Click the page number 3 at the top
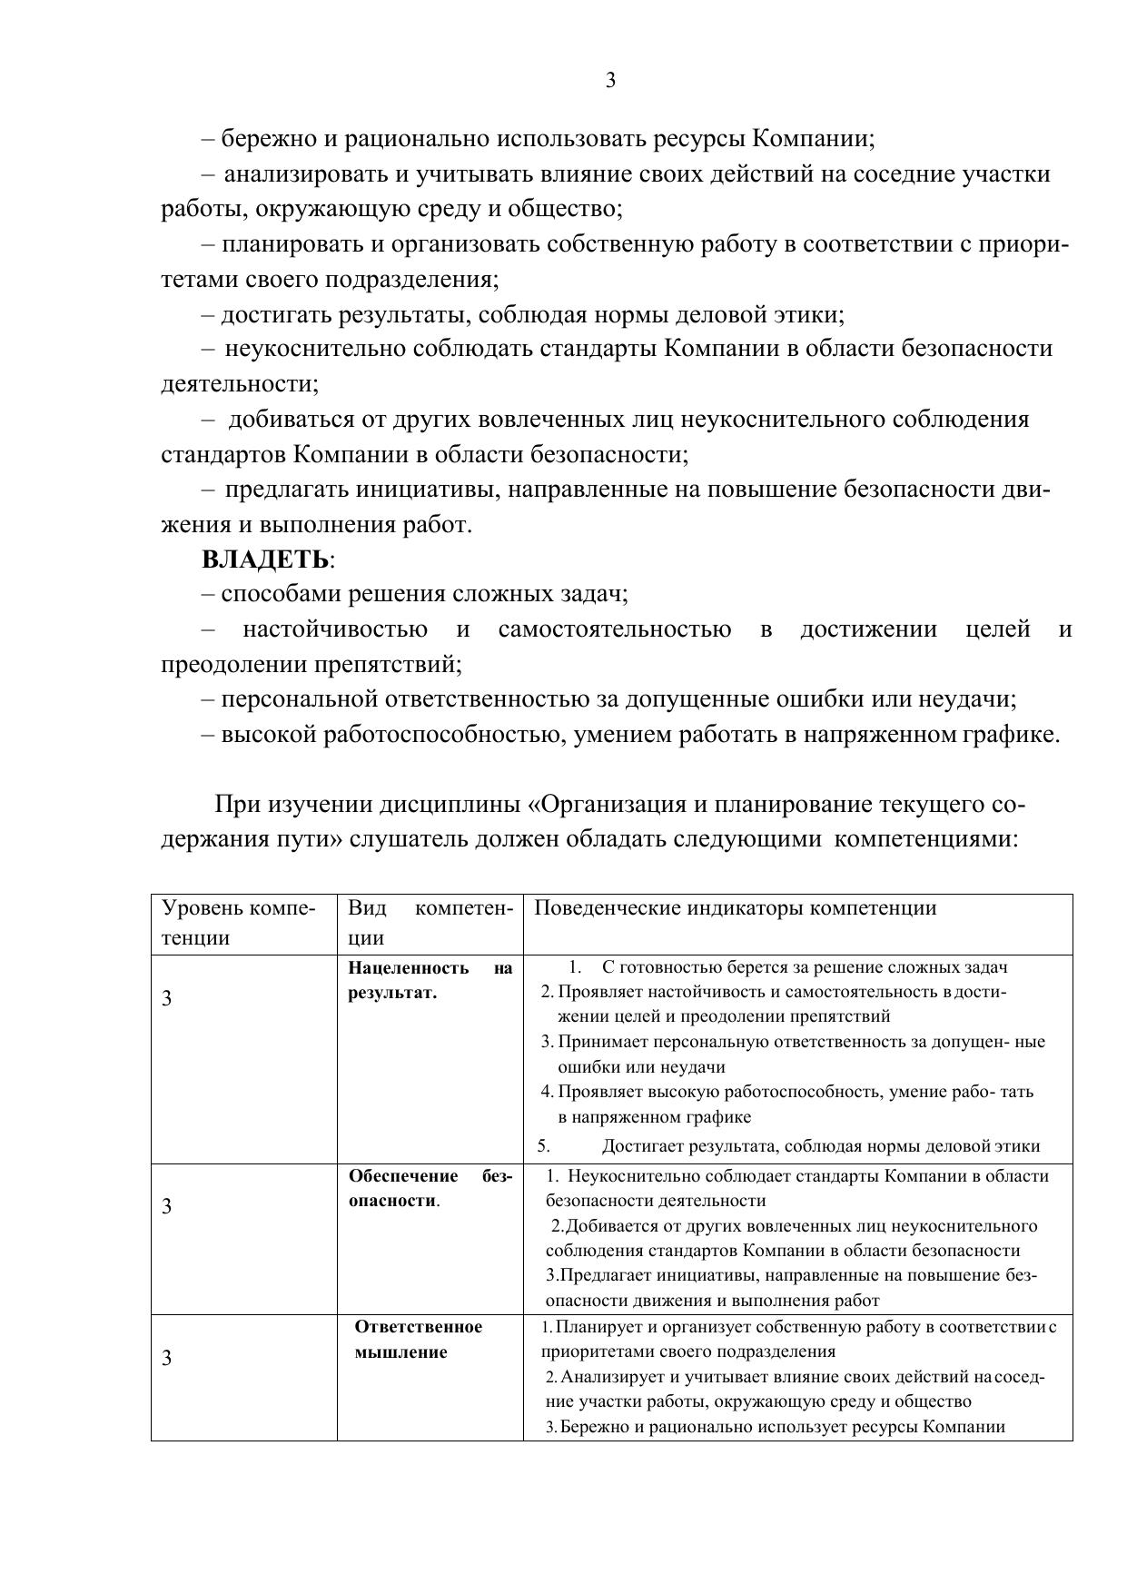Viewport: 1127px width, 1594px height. [610, 81]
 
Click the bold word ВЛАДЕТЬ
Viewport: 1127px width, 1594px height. [264, 559]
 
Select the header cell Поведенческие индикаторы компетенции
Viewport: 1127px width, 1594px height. [735, 908]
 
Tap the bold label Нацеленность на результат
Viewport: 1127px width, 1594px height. [430, 980]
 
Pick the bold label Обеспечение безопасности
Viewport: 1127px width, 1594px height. [430, 1188]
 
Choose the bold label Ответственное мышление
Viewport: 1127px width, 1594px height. [418, 1340]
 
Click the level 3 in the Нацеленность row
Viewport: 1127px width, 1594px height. [166, 998]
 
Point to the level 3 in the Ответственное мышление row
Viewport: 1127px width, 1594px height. [166, 1358]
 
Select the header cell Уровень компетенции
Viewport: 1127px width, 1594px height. [239, 923]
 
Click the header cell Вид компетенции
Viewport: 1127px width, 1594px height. [430, 923]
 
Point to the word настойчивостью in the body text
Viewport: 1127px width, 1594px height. [334, 629]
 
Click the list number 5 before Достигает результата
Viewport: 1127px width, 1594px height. [544, 1146]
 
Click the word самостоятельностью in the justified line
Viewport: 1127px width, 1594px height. [614, 629]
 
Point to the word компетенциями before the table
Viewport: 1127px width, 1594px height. [926, 839]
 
